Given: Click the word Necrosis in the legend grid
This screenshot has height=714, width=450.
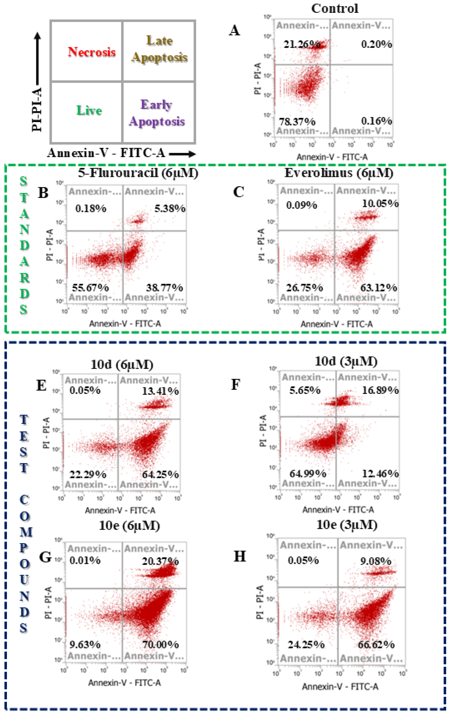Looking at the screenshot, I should tap(92, 52).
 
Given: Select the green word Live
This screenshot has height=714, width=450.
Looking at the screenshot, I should tap(89, 111).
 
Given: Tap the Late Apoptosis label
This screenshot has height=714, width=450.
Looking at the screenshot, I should tap(159, 49).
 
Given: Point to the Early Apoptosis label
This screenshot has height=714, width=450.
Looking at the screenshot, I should tap(157, 113).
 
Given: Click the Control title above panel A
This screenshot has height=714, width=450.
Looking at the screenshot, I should tap(335, 8).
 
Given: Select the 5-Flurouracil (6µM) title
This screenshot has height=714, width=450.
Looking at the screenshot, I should tap(138, 173).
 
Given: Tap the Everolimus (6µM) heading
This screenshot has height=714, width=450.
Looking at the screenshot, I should tap(339, 173).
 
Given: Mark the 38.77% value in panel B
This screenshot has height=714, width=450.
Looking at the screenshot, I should tap(164, 288).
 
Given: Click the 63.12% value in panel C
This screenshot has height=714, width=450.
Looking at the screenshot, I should tap(378, 288).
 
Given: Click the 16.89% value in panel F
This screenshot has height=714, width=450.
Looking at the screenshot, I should tap(380, 390).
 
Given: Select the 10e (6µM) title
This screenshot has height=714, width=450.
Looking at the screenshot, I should tap(129, 526).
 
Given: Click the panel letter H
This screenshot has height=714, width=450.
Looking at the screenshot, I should tap(240, 557).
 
